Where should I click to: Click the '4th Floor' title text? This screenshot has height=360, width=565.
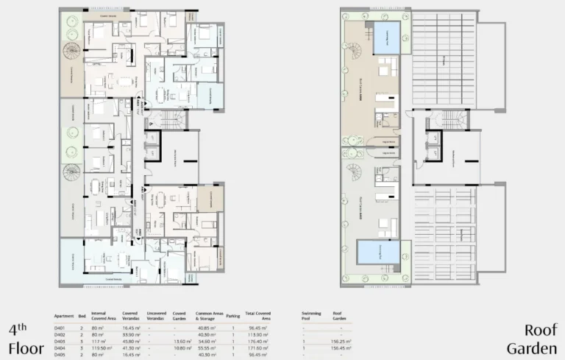click(x=22, y=337)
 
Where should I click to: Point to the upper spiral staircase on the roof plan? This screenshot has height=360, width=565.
click(x=355, y=52)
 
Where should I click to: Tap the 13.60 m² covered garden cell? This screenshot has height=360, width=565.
click(x=180, y=340)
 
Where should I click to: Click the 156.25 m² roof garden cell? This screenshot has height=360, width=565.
click(x=342, y=340)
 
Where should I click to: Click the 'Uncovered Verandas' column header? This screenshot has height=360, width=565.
click(x=156, y=314)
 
